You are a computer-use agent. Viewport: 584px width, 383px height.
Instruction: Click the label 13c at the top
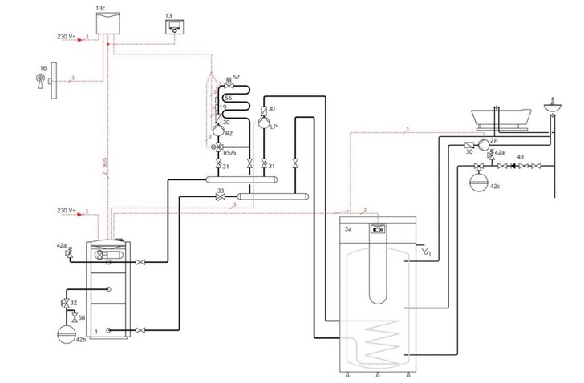click(99, 7)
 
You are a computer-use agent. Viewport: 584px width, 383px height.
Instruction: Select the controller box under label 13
click(173, 29)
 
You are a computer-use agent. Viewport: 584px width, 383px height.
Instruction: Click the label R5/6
click(229, 151)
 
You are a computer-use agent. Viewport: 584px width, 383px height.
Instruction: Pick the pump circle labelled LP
click(262, 127)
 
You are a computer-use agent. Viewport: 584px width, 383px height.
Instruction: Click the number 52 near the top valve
click(237, 77)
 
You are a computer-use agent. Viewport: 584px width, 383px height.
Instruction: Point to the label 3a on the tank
click(348, 229)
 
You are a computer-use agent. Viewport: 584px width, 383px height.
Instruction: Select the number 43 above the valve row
click(521, 157)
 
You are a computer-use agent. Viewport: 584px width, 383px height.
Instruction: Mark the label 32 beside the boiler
click(74, 303)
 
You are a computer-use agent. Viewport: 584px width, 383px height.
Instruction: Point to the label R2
click(229, 133)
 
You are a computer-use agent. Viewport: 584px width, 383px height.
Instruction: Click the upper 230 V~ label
click(67, 37)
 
